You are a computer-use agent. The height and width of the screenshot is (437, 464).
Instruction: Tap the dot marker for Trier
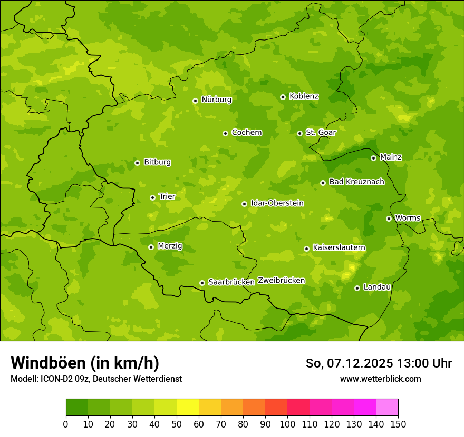153,197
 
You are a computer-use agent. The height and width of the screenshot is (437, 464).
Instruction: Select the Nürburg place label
216,100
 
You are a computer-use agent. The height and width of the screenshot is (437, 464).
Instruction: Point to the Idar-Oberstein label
277,203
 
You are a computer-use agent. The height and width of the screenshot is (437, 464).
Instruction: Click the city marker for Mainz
373,158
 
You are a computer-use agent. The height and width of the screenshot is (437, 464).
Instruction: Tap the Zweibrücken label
281,281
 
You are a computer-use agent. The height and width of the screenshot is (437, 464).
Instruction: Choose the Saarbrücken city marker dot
202,283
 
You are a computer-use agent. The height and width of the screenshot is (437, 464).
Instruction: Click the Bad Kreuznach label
356,182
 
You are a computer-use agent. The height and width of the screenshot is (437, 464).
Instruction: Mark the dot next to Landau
357,288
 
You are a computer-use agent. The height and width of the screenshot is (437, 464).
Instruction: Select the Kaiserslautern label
339,247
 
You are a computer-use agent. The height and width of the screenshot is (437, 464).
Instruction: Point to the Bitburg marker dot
137,163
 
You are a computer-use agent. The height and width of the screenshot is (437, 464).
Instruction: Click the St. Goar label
321,133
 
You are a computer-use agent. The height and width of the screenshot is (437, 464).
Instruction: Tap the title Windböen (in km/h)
85,363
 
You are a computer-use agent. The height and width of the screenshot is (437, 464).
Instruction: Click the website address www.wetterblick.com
380,379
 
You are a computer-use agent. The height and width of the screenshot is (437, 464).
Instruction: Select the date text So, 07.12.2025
349,363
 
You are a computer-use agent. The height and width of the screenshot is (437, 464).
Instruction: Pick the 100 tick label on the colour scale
287,424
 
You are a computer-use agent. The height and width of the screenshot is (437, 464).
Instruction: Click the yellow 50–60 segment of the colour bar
188,408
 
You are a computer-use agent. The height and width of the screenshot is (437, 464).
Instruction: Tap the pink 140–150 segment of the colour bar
387,408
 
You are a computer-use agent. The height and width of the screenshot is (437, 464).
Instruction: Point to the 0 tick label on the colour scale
66,424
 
